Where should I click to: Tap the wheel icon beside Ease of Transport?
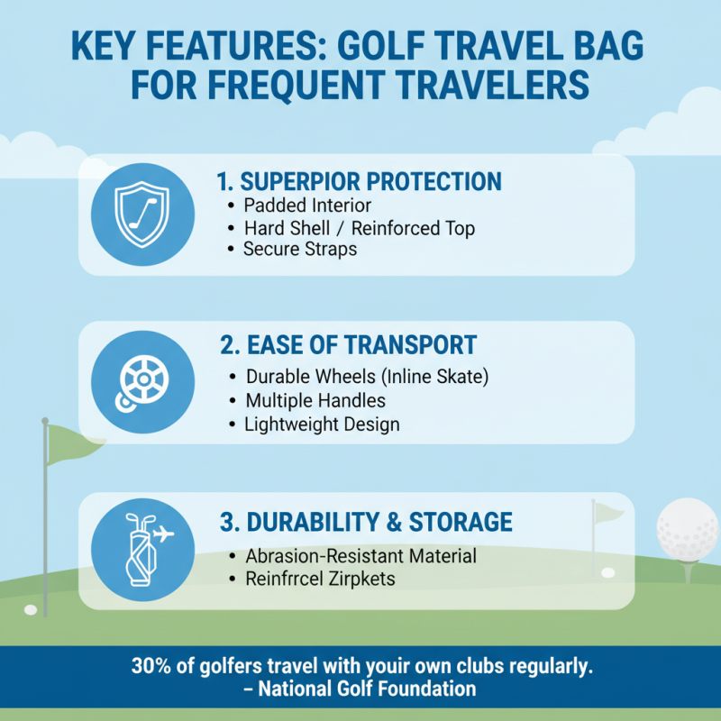(141, 381)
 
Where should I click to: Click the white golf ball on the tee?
(688, 532)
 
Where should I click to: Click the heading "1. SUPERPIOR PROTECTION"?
(360, 181)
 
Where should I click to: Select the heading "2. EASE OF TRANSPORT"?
(349, 345)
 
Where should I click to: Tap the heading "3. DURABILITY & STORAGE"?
(367, 522)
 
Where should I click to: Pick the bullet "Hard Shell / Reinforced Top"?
(359, 228)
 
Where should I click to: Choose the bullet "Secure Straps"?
(300, 249)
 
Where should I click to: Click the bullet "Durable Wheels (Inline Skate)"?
(367, 376)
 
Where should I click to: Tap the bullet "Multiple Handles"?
(315, 400)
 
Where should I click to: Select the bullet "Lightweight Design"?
(322, 424)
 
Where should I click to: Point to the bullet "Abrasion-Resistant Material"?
(360, 556)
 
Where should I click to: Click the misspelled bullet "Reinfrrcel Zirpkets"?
(320, 580)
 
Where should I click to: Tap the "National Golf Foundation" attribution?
(367, 690)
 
